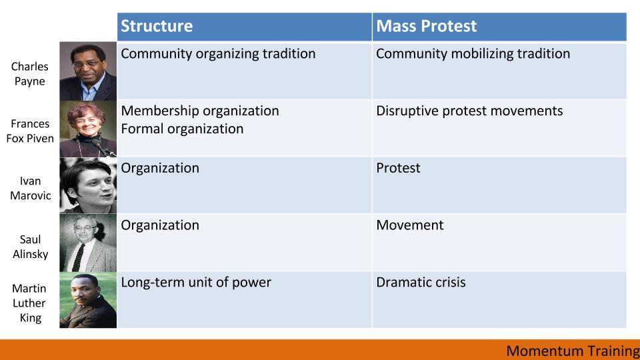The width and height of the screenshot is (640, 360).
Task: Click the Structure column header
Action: (157, 26)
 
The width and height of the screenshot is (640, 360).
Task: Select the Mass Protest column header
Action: (426, 26)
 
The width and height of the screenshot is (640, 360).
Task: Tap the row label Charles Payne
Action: (30, 73)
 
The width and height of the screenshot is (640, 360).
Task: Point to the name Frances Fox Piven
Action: (30, 131)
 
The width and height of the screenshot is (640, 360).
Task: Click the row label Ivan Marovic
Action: (30, 188)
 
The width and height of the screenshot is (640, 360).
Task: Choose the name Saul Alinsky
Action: (30, 247)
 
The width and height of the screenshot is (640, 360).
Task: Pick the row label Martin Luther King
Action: (29, 303)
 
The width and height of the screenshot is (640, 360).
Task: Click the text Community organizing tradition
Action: (218, 54)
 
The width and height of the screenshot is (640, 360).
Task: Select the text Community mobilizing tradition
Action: (473, 54)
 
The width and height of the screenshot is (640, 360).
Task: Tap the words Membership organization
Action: (200, 111)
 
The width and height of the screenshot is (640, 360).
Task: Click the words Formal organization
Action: (182, 129)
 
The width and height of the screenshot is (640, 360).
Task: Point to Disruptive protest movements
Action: (469, 111)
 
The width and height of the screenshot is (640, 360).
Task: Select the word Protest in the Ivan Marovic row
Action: (398, 168)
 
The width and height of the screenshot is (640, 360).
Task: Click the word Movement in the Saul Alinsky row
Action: (409, 225)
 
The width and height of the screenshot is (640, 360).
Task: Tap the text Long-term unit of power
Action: (196, 282)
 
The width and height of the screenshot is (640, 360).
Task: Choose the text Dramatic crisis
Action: (421, 282)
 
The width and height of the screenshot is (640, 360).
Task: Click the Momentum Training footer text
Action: (573, 351)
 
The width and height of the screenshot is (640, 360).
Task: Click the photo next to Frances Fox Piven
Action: (88, 129)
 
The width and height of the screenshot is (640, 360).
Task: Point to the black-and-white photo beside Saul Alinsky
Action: (88, 243)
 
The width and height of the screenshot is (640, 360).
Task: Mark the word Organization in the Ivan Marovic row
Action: (160, 168)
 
